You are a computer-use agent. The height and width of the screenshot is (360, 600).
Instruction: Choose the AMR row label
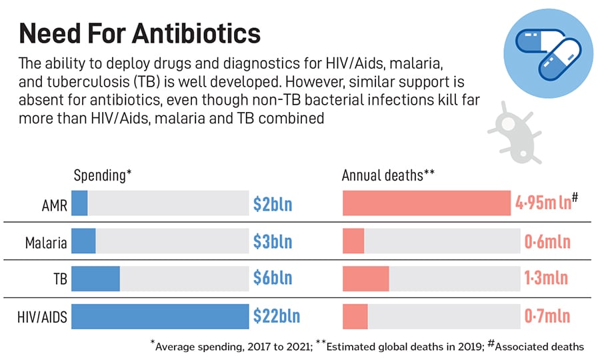click(54, 205)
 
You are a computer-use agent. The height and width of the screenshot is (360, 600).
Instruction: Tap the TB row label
click(59, 279)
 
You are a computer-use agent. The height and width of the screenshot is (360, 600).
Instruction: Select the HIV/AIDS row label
click(42, 317)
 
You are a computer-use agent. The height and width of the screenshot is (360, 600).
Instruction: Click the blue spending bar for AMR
click(79, 203)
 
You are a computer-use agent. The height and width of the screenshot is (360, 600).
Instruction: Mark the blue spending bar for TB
click(95, 279)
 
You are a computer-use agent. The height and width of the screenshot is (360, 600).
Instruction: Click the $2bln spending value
click(272, 204)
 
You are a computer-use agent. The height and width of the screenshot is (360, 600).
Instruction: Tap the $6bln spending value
click(272, 279)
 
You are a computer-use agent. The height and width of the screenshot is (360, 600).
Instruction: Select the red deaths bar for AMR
click(427, 203)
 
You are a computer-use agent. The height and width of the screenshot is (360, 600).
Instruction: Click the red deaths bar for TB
click(365, 279)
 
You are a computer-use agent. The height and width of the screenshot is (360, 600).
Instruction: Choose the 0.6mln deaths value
click(547, 241)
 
